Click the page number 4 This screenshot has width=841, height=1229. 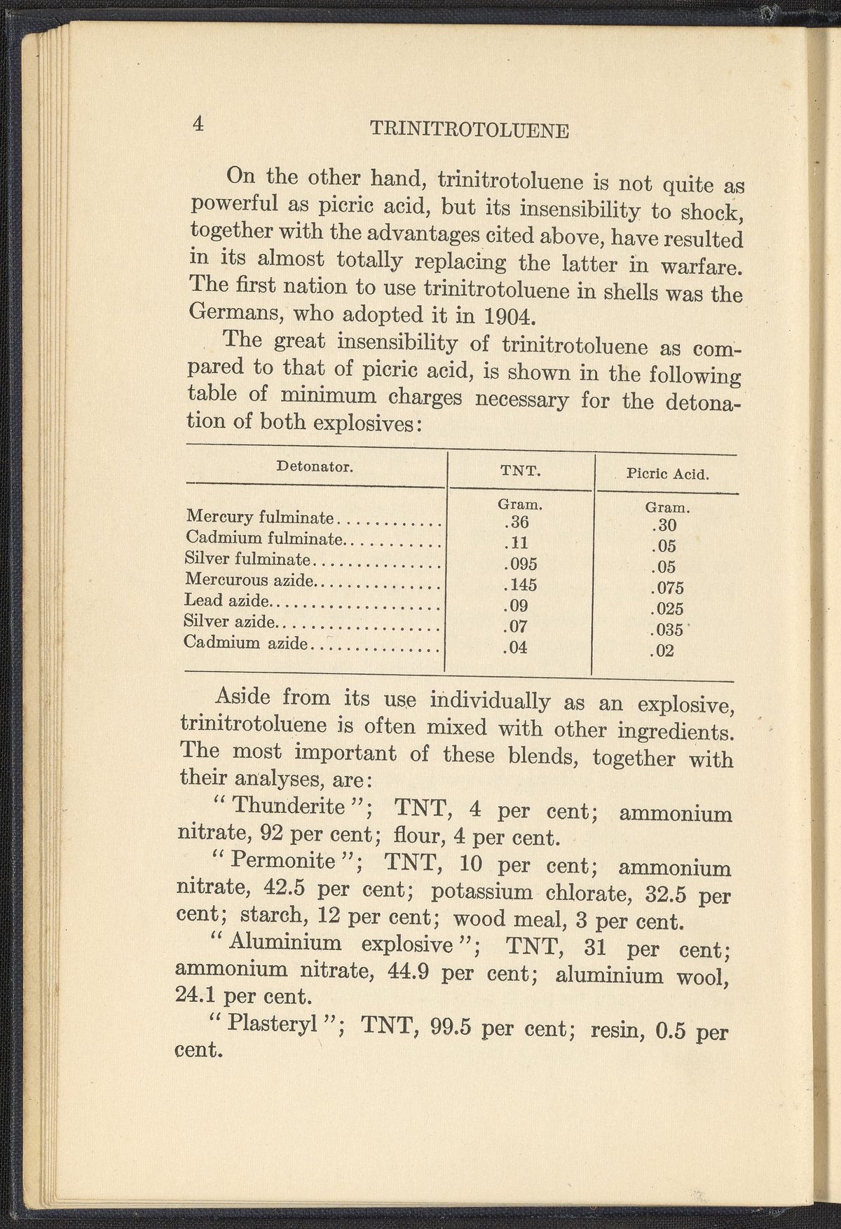(x=198, y=124)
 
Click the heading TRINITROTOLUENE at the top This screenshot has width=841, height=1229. (x=469, y=130)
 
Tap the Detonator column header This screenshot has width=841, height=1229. (x=314, y=466)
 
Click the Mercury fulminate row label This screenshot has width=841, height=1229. (x=260, y=518)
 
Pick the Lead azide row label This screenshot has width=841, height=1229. (x=227, y=601)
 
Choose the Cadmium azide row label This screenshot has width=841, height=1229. (x=246, y=642)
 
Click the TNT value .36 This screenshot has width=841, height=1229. (x=516, y=522)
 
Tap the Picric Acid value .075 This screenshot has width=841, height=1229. (x=666, y=588)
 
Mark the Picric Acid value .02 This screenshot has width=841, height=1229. (x=662, y=651)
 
